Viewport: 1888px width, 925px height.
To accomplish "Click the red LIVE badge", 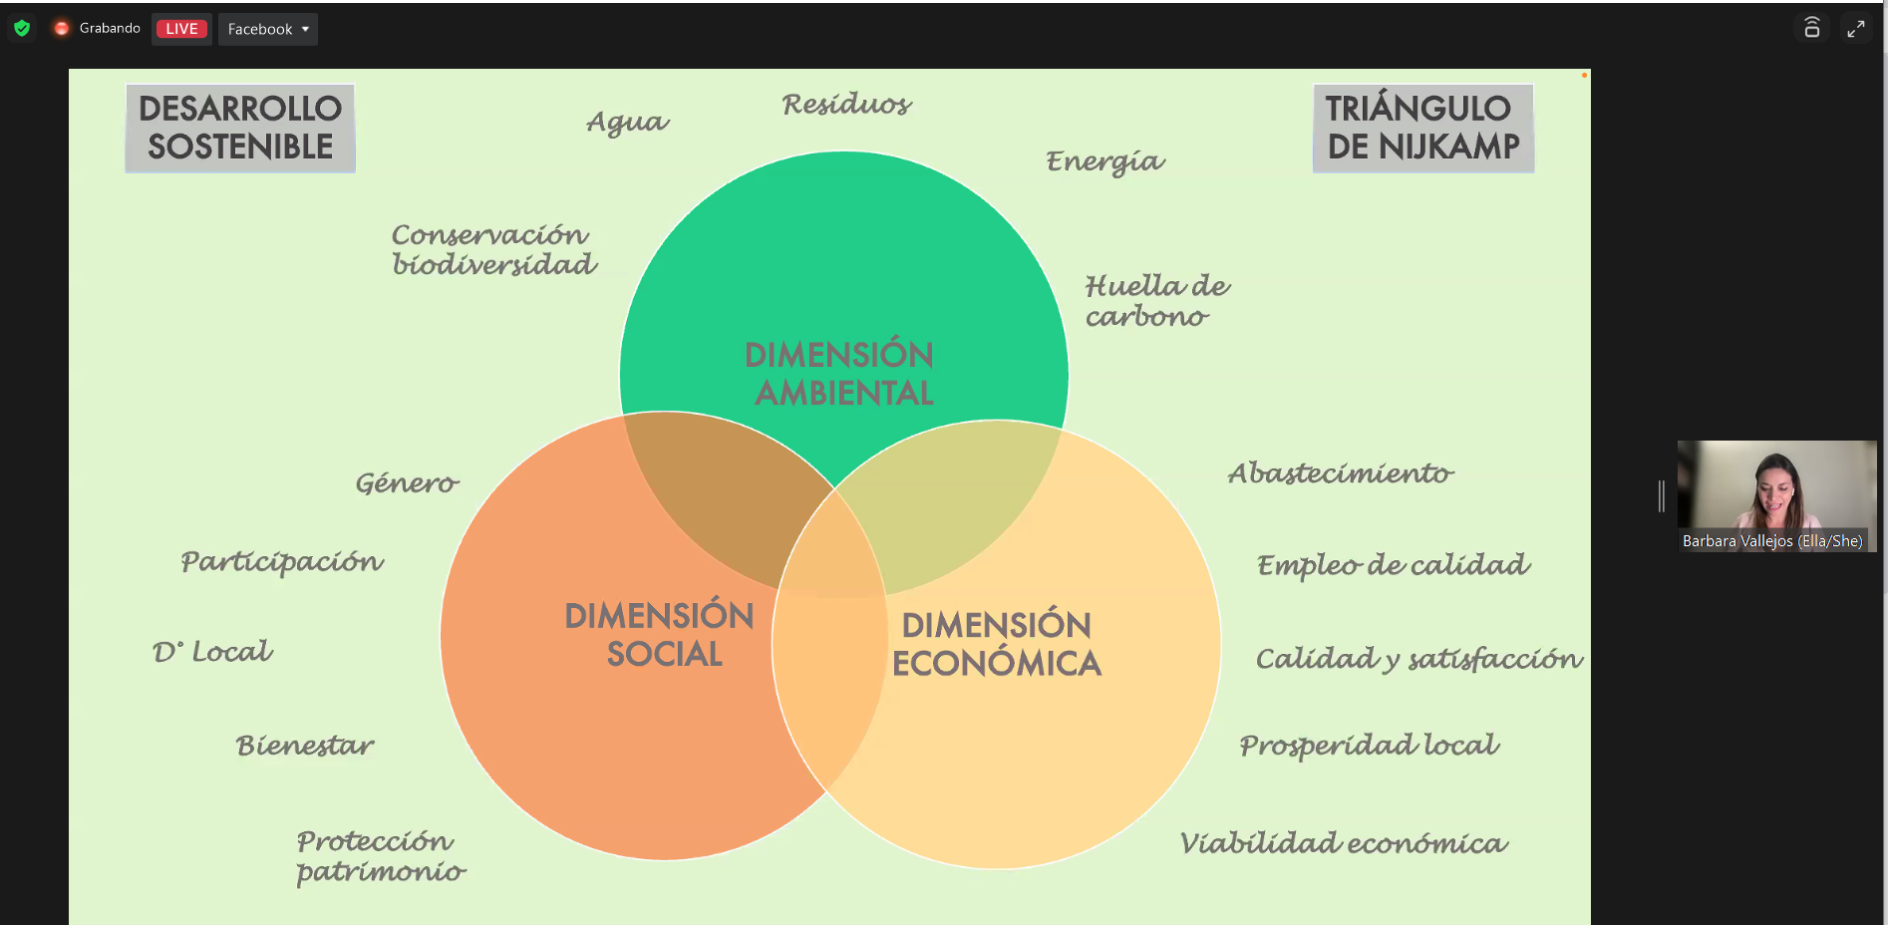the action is [181, 29].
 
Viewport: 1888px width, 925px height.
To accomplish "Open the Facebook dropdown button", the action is [268, 29].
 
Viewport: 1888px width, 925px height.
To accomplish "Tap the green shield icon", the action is [22, 28].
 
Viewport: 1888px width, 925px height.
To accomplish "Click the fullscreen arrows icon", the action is [1855, 29].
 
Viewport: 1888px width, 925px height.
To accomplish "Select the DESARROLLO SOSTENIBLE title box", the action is [240, 128].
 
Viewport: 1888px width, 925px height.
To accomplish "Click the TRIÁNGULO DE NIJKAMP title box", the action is [1422, 128].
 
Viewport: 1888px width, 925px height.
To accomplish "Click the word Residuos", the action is [846, 104].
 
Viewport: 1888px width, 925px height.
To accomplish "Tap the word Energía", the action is [1104, 161].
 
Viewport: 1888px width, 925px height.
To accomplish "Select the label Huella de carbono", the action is [1157, 301].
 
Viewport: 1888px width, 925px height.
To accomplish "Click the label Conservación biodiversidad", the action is [493, 249].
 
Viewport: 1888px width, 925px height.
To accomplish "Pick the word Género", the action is [407, 483].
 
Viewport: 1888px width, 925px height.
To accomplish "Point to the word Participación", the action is [282, 562].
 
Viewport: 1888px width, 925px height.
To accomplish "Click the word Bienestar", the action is [305, 746].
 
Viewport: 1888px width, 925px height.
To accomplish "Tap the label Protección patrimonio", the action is [381, 856].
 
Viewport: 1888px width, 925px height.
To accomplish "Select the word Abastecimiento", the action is [1341, 473].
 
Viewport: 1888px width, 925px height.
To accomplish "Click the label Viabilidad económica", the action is [1344, 843].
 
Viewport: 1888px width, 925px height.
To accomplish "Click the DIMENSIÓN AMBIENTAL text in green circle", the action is [840, 374].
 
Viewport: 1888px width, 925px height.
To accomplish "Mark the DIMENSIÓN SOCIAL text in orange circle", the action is [660, 635].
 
